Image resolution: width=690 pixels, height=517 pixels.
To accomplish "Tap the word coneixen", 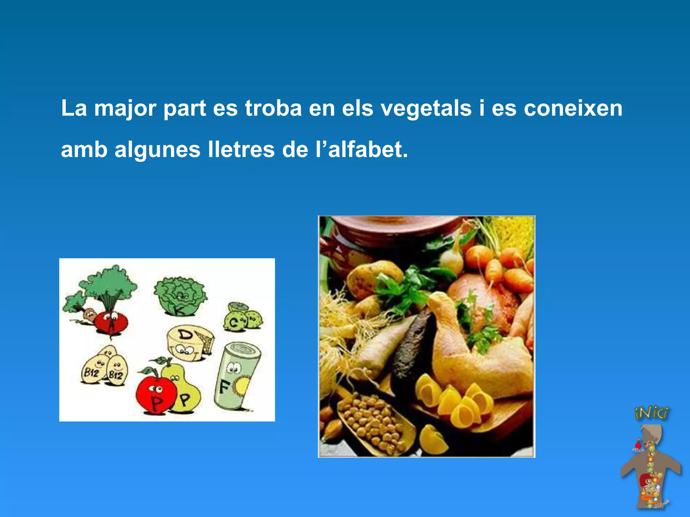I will tap(573, 108).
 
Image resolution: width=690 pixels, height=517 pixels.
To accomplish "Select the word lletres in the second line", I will tap(241, 150).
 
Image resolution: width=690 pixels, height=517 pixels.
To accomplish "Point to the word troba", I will tap(273, 108).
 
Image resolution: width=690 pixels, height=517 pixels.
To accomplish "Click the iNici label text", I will tap(651, 413).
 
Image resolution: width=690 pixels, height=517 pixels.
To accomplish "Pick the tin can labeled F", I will tap(236, 375).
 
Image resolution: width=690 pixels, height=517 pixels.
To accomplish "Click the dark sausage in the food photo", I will tap(413, 350).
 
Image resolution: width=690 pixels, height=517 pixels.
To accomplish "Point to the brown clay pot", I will tap(387, 236).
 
